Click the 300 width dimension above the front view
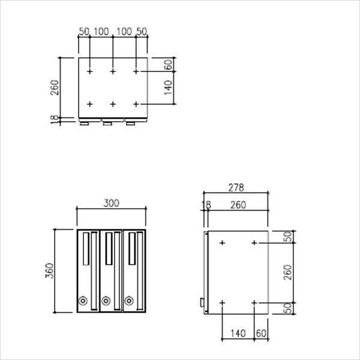click(111, 203)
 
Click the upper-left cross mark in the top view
click(89, 71)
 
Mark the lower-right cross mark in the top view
click(136, 104)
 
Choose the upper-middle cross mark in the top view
click(113, 71)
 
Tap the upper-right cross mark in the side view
click(254, 243)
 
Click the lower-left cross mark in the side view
click(223, 303)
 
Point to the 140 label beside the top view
click(168, 88)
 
